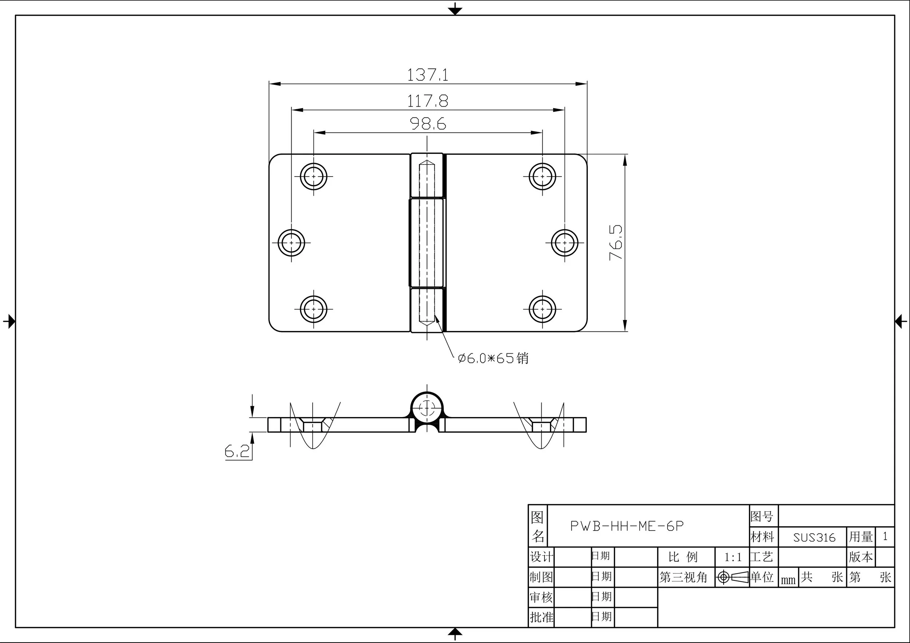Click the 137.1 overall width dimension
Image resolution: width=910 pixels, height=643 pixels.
pos(428,75)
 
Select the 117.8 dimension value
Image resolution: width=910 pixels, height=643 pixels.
pos(428,101)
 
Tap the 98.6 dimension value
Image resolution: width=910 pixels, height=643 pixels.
pos(428,124)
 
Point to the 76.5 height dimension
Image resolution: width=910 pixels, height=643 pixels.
pos(616,242)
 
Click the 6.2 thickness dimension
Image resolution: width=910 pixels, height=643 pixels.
pos(237,451)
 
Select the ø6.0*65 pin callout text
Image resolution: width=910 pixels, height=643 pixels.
pos(492,358)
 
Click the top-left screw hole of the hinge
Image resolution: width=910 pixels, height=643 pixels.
pos(313,176)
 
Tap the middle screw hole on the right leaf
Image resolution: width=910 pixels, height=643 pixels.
pos(565,242)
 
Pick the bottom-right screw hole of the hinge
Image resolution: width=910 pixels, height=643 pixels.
pos(542,309)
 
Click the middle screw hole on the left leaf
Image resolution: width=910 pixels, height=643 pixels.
pos(291,242)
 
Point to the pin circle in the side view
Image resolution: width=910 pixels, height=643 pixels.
pos(427,407)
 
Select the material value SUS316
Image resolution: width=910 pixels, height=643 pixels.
pos(814,537)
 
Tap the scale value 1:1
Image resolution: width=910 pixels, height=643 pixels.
pos(732,557)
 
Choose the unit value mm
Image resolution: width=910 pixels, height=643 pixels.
pos(788,580)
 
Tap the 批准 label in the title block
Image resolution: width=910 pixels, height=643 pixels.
pos(541,617)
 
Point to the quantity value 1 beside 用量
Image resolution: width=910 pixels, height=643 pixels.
pos(885,537)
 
